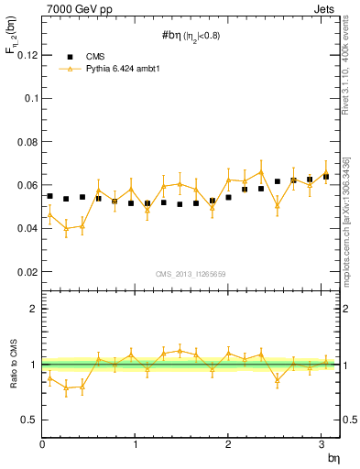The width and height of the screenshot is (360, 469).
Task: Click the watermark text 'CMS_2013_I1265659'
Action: click(191, 274)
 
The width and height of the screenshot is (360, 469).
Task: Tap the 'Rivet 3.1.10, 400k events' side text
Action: click(350, 72)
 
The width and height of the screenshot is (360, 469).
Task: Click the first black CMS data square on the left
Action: click(49, 196)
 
